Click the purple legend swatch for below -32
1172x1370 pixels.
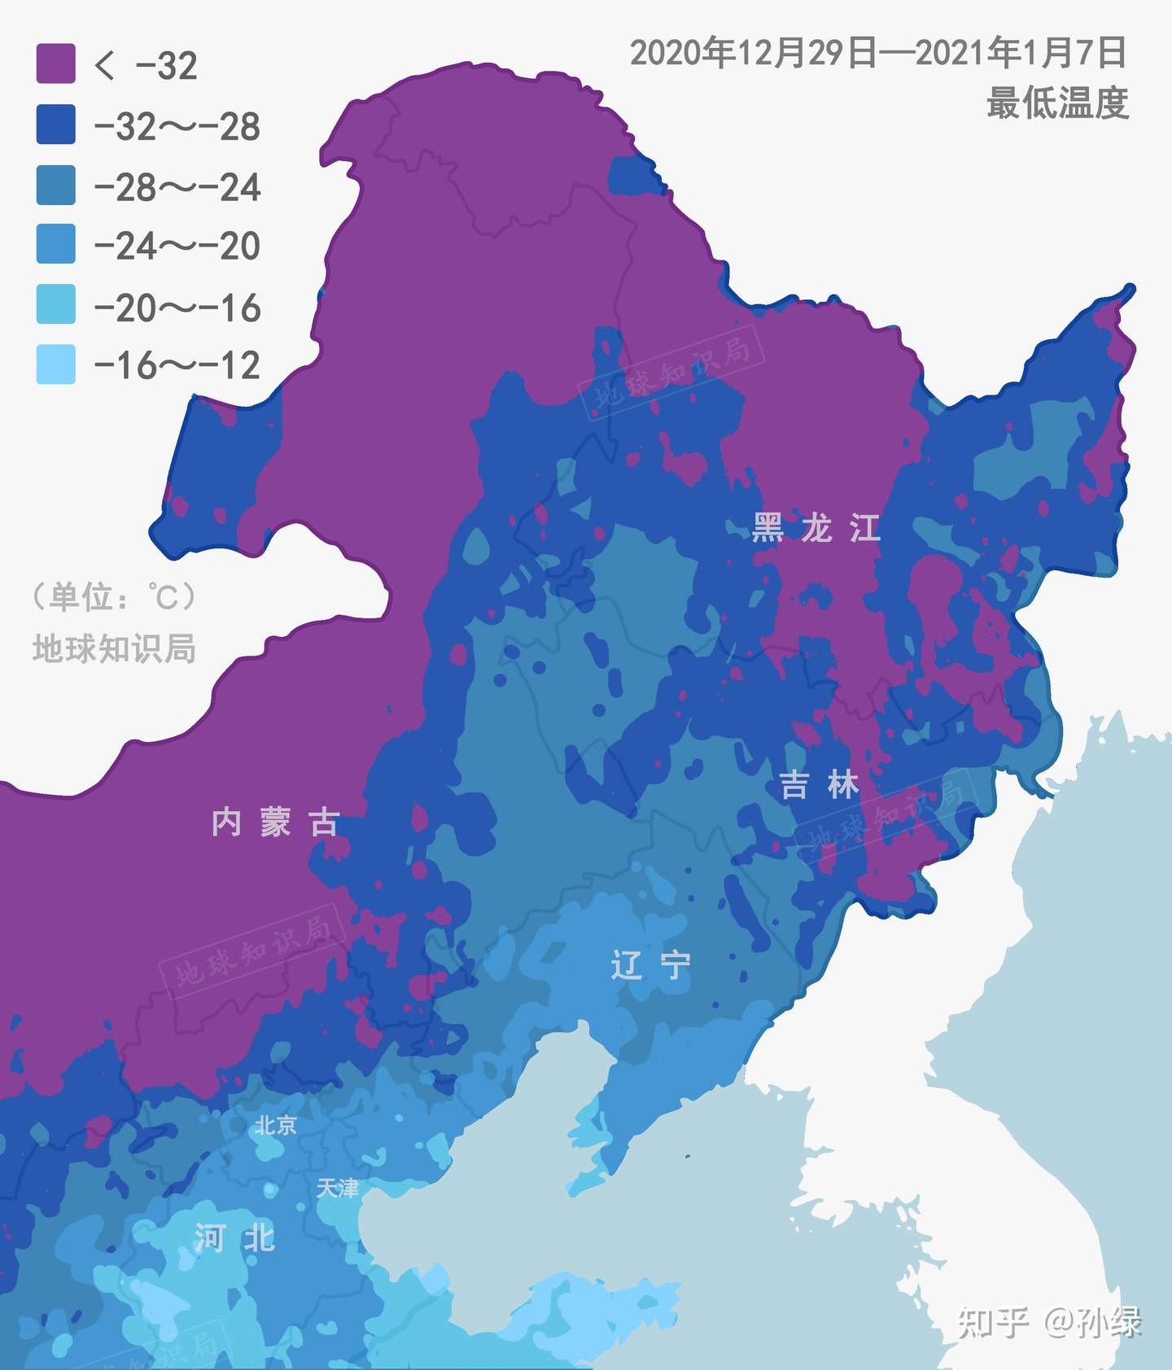(55, 64)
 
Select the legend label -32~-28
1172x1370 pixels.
(177, 127)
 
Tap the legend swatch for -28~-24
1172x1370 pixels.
(55, 185)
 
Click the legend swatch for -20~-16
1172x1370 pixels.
(55, 304)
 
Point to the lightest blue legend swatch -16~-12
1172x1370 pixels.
(55, 364)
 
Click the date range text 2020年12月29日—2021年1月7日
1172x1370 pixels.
(878, 54)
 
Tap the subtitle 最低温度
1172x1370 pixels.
(1057, 103)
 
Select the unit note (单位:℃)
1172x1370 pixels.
(114, 597)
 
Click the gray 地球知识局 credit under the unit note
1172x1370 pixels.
(114, 649)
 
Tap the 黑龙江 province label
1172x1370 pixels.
(816, 529)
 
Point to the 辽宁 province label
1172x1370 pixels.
(650, 966)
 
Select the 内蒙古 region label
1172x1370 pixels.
(275, 822)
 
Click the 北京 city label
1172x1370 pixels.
(275, 1126)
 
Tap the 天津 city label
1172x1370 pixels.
(337, 1189)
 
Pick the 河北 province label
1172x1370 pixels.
(234, 1239)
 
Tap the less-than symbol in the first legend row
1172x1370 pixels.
(105, 65)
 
